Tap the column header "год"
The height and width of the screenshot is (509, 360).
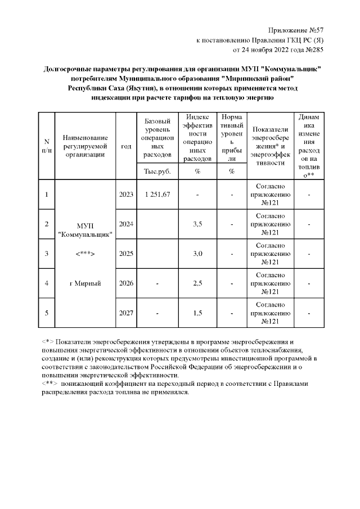(x=126, y=146)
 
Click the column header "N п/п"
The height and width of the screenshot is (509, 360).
(x=46, y=146)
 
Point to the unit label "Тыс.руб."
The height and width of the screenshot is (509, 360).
(x=157, y=171)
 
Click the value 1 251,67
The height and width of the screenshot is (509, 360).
(x=157, y=195)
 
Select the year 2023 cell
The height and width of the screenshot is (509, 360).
(x=126, y=195)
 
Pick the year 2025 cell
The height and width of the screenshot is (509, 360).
(x=126, y=254)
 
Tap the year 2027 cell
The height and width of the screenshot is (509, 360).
(x=126, y=313)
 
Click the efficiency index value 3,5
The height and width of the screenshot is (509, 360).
(x=197, y=224)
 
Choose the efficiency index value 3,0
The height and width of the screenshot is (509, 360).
(x=197, y=254)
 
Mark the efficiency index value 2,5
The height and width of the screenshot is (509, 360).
(x=197, y=283)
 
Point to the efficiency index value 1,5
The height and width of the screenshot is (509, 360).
(x=197, y=313)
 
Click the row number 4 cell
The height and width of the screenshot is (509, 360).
(x=46, y=283)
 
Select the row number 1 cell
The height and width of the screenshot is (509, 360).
(x=46, y=195)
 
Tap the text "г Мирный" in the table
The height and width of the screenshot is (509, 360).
(x=85, y=283)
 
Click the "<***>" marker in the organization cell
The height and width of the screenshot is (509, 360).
(x=85, y=254)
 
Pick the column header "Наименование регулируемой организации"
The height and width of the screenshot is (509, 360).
(x=85, y=146)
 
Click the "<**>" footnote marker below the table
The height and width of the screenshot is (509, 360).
(x=50, y=384)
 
